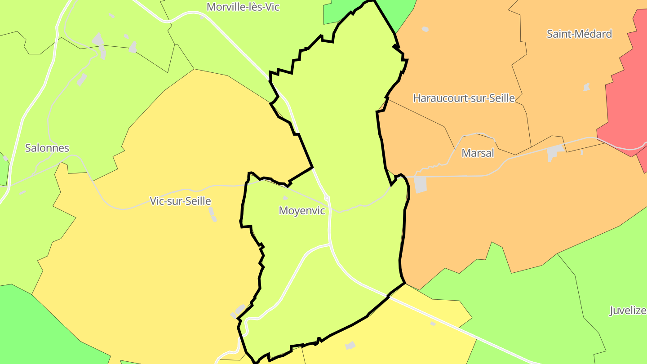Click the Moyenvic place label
pos(301,210)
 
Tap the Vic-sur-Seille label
pos(180,201)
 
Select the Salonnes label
pos(47,148)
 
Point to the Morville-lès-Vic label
pos(243,7)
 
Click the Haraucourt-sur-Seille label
pos(464,98)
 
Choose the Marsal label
pos(478,153)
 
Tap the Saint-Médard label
pos(579,34)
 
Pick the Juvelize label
pos(628,311)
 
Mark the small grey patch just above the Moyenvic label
pos(285,198)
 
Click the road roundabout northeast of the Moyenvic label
pos(327,197)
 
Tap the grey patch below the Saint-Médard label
pos(586,87)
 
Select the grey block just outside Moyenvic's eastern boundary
pos(421,184)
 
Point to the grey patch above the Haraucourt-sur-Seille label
pos(425,29)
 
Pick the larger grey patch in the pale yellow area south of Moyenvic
pos(350,345)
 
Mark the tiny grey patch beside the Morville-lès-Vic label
pos(202,18)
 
